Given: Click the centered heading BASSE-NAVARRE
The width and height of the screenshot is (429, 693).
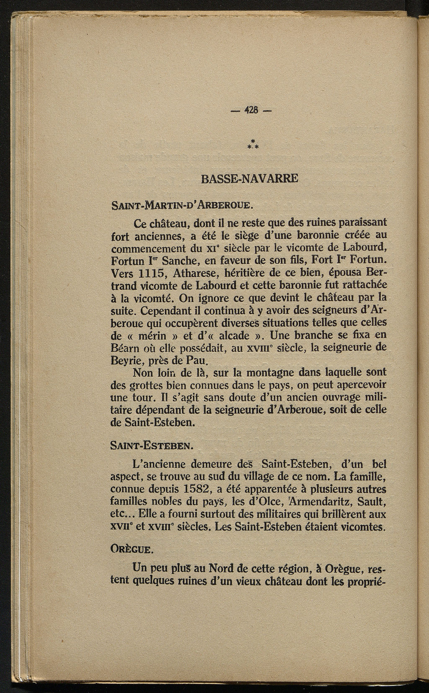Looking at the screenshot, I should click(250, 178).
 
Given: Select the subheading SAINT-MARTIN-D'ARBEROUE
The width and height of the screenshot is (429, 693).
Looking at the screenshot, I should click(182, 206).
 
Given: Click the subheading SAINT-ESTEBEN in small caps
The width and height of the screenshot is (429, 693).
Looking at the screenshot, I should click(151, 446).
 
